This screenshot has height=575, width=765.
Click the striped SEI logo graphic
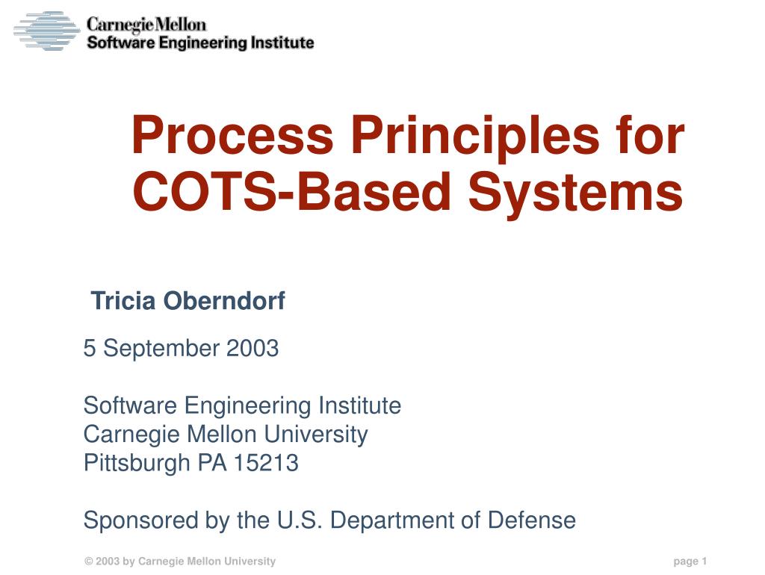(46, 31)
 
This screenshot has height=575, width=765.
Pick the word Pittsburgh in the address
(137, 463)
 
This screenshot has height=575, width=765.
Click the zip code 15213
(266, 463)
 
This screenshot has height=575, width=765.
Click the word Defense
(531, 520)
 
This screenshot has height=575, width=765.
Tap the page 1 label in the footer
(690, 562)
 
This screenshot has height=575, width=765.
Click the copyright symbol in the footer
(88, 562)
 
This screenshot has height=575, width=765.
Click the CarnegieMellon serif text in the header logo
(146, 25)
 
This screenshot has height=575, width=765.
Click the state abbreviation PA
(212, 463)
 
